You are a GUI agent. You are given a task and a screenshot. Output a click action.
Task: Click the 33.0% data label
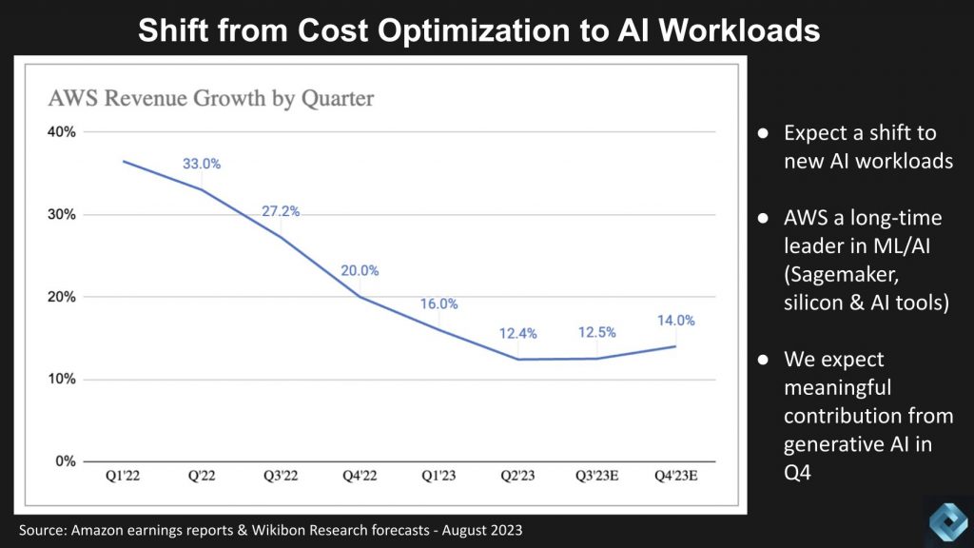click(202, 164)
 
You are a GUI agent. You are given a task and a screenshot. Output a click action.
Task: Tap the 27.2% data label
click(281, 211)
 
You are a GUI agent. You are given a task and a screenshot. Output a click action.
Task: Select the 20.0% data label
click(360, 270)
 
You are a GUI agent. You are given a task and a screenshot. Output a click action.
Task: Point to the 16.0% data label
click(439, 304)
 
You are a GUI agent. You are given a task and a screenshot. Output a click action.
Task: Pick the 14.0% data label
click(675, 321)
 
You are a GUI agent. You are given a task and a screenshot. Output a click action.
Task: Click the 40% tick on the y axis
click(64, 132)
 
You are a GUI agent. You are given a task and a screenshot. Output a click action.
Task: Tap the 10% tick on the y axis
click(64, 380)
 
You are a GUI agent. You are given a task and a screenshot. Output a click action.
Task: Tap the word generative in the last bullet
click(829, 443)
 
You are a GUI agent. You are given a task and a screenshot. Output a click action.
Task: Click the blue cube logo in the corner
click(947, 520)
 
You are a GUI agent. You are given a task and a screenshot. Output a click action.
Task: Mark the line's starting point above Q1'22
click(124, 161)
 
